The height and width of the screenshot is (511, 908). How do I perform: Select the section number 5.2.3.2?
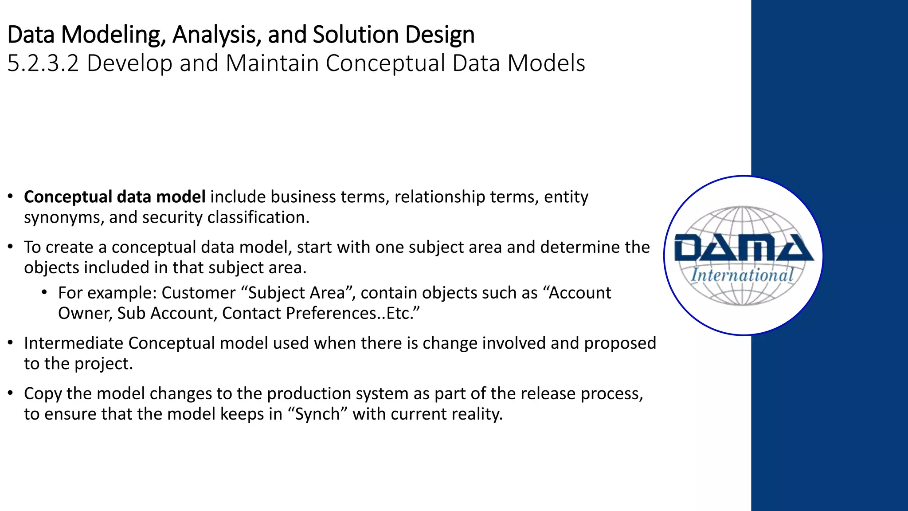click(x=43, y=63)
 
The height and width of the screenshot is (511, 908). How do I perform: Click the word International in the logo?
click(x=742, y=275)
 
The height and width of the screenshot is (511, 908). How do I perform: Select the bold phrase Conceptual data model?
click(x=114, y=197)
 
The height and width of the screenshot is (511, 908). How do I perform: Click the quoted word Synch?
click(x=317, y=414)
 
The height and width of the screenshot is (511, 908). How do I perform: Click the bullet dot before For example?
click(x=44, y=293)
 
